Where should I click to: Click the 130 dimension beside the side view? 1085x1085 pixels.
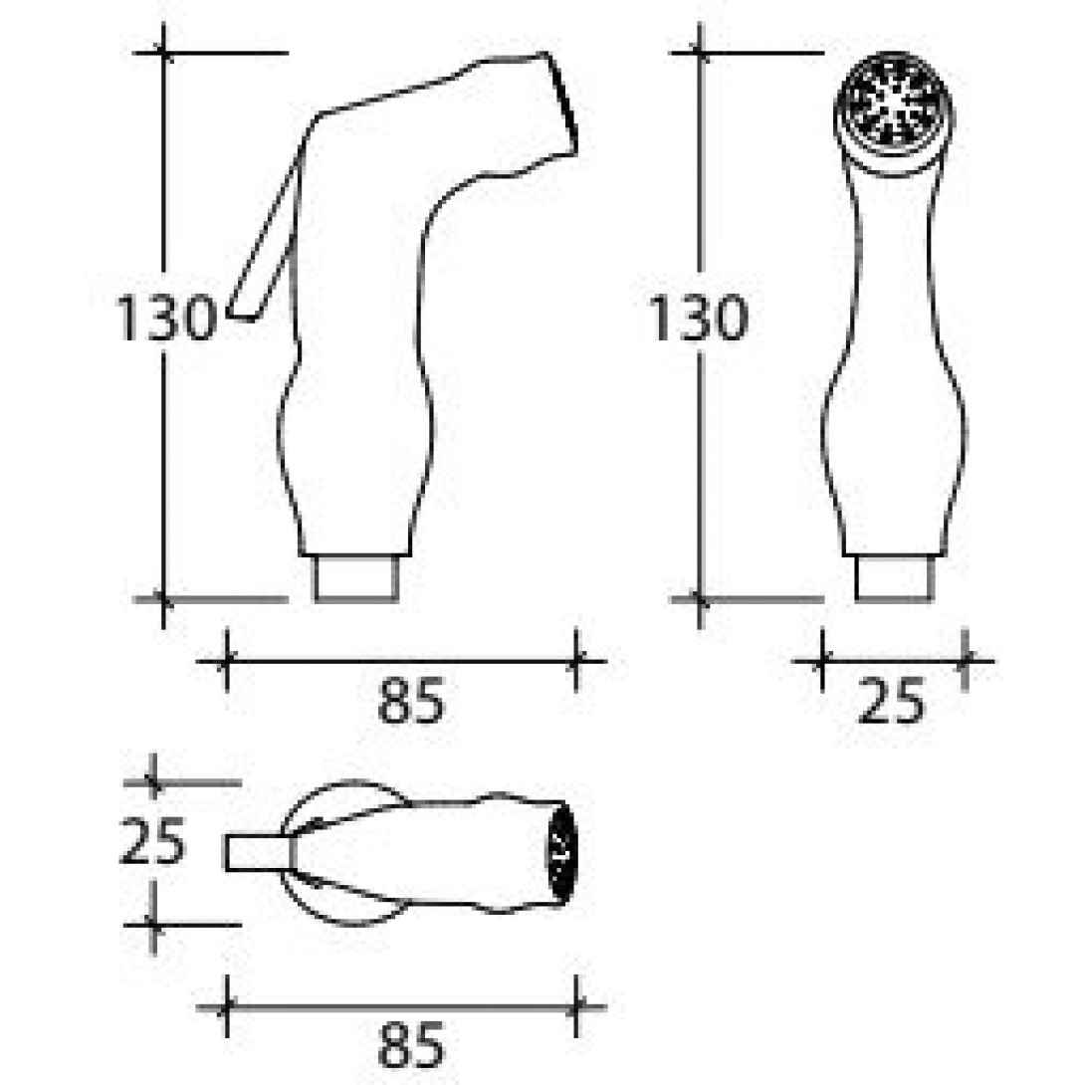coord(165,320)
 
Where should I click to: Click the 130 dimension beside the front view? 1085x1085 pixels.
coord(698,320)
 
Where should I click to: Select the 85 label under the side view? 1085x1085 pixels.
coord(411,704)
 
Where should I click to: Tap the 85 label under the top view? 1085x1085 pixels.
coord(411,1046)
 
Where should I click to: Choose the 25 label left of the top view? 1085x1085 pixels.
coord(151,842)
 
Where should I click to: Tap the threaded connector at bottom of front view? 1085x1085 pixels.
coord(894,578)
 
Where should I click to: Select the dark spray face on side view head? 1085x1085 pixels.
coord(563,105)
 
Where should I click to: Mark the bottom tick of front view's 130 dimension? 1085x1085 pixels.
coord(701,599)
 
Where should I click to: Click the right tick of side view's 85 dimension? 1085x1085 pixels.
coord(575,660)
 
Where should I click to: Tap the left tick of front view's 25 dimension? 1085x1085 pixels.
coord(822,660)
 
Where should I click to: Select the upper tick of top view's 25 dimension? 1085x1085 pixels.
coord(151,783)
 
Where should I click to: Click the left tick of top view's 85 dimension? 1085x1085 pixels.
coord(227,1006)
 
